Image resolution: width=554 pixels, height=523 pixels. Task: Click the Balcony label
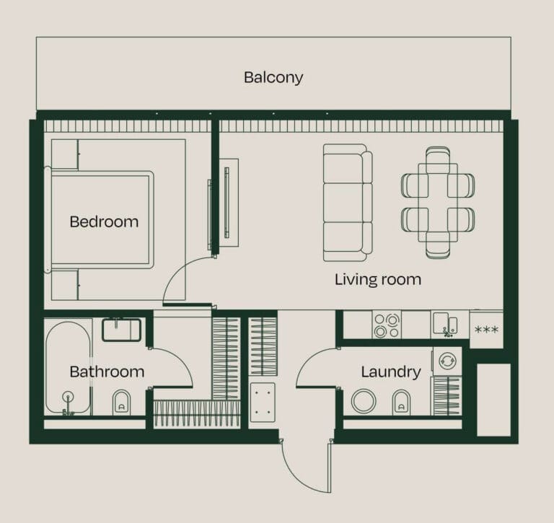[273, 77]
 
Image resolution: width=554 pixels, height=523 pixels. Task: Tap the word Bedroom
[104, 221]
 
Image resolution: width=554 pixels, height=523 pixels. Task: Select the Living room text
[377, 279]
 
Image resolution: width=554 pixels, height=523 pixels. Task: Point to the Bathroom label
[107, 372]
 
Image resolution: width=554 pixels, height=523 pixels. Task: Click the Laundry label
[390, 372]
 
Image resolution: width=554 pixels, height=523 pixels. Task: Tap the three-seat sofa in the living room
[347, 203]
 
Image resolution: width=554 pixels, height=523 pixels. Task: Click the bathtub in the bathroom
[68, 368]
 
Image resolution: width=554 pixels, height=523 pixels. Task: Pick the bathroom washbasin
[121, 330]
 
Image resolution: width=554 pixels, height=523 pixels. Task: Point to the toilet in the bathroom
[122, 403]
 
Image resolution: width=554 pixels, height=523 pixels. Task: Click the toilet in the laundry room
[401, 402]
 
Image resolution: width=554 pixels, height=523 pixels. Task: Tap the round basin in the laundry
[363, 401]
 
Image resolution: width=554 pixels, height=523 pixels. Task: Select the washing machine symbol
[447, 360]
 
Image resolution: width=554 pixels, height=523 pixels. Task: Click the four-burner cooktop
[387, 325]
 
